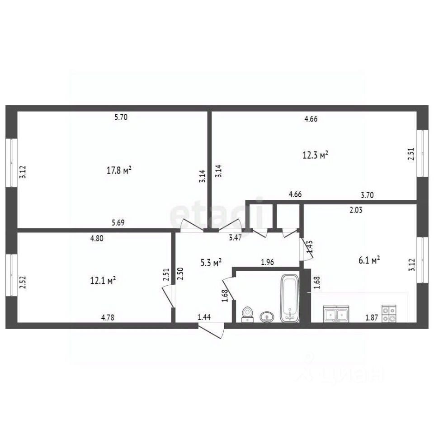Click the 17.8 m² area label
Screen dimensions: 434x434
[119, 170]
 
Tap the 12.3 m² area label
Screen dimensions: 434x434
[316, 155]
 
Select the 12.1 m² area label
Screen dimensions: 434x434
[103, 280]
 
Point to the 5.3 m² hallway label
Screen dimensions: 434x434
[211, 262]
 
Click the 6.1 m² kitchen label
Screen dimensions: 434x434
[369, 260]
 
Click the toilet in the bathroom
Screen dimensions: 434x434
[247, 315]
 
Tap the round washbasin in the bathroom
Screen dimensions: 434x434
[267, 316]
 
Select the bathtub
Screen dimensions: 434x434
[290, 298]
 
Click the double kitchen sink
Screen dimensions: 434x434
[336, 314]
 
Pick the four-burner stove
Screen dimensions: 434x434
[389, 314]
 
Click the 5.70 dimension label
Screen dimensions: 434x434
[121, 117]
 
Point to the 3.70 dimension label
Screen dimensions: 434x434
[367, 195]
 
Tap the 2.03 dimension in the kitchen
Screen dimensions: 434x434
[356, 210]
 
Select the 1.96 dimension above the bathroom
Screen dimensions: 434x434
[267, 262]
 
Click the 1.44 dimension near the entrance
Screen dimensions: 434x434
[204, 317]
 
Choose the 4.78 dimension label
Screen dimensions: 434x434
[108, 317]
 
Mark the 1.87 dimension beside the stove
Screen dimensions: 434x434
[372, 317]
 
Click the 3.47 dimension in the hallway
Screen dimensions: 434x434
[235, 237]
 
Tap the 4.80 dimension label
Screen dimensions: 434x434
[97, 238]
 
